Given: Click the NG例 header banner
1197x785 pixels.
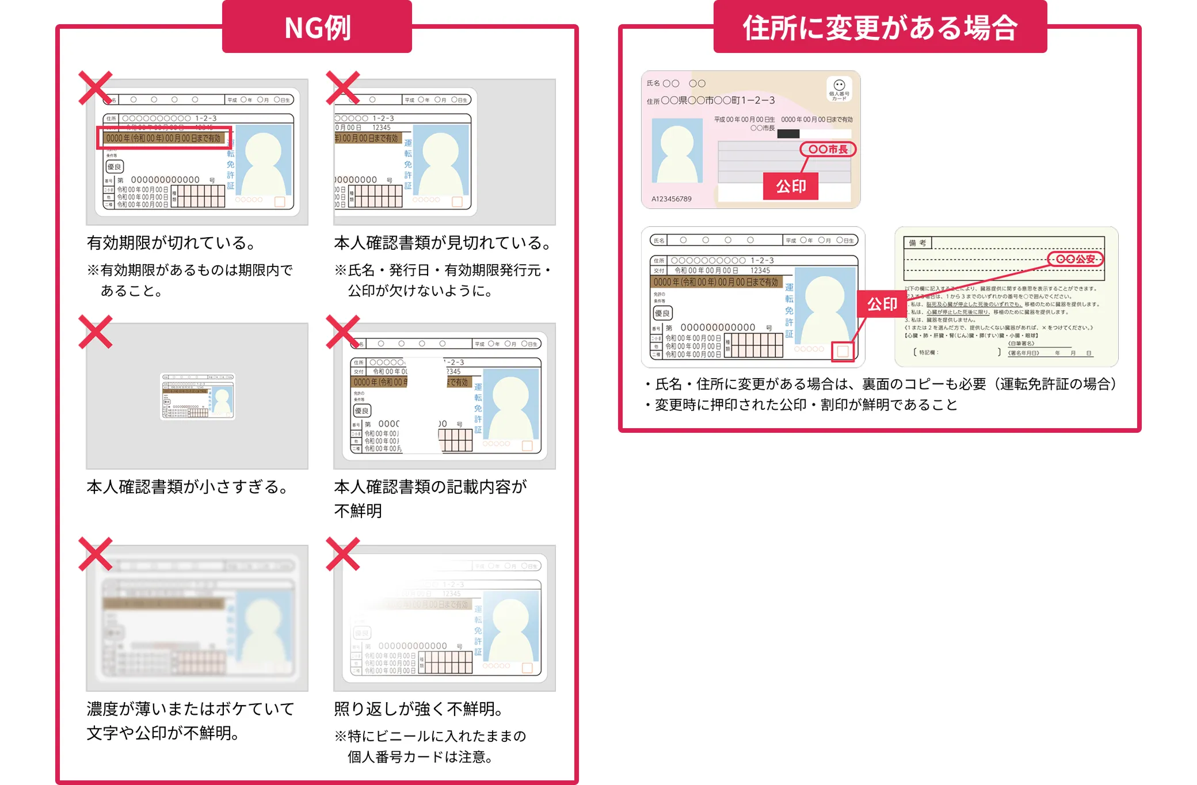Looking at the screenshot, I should point(317,27).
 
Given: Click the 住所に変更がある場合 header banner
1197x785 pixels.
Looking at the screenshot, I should point(880,27).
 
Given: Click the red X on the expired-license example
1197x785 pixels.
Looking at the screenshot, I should point(95,88).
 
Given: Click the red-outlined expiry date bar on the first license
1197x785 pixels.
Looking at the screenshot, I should point(164,138).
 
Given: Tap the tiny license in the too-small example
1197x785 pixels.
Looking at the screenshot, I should point(197,396).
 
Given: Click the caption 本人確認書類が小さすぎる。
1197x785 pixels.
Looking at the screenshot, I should point(187,487).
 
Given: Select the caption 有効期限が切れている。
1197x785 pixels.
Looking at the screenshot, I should point(171,243).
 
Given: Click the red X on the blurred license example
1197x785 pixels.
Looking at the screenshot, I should point(95,554).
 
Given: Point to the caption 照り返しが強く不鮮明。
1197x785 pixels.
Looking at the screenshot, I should point(418,709).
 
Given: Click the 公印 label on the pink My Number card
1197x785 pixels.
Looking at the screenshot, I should point(791,186).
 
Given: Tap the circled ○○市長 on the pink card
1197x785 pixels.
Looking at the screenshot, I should point(828,150).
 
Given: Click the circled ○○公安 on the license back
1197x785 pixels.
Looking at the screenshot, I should point(1075,259).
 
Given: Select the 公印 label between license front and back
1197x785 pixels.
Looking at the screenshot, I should point(882,304).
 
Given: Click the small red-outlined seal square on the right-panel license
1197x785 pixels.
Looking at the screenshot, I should point(843,352).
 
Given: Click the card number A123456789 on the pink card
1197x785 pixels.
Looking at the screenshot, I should point(672,199).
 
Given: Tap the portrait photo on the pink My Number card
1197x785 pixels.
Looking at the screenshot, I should point(677,151).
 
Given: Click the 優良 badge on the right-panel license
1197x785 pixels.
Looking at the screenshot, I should point(662,313).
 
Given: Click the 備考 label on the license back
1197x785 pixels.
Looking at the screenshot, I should point(917,243).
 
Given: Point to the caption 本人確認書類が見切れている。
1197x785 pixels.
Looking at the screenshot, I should point(442,243).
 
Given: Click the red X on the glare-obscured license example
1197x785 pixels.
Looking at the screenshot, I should point(342,554).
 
